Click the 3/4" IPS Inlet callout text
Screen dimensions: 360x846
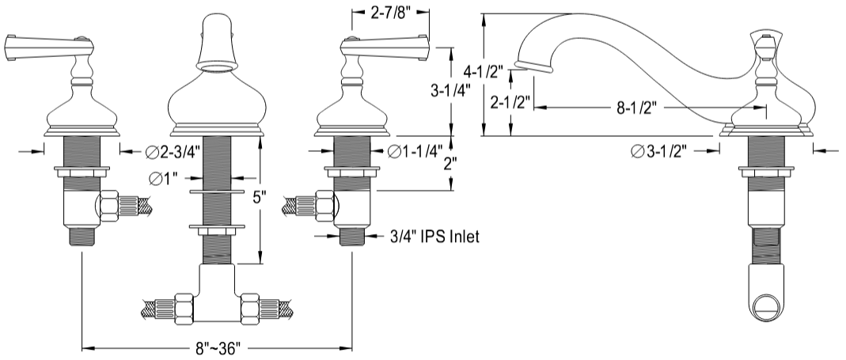(x=434, y=235)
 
